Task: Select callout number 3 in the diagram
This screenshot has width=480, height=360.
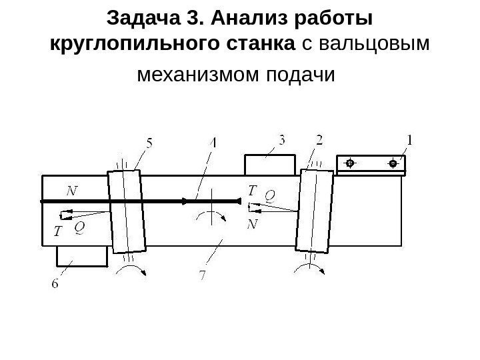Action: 283,141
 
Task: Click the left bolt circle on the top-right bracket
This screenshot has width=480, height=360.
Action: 349,163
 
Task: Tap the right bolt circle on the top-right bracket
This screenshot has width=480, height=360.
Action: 393,163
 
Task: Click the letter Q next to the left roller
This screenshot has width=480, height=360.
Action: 79,227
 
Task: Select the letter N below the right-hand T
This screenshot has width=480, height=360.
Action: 252,225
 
